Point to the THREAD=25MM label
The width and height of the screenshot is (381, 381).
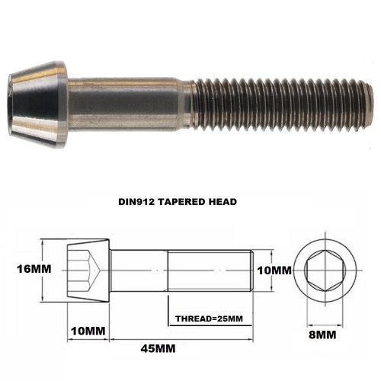208,317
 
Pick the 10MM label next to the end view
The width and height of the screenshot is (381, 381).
274,270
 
